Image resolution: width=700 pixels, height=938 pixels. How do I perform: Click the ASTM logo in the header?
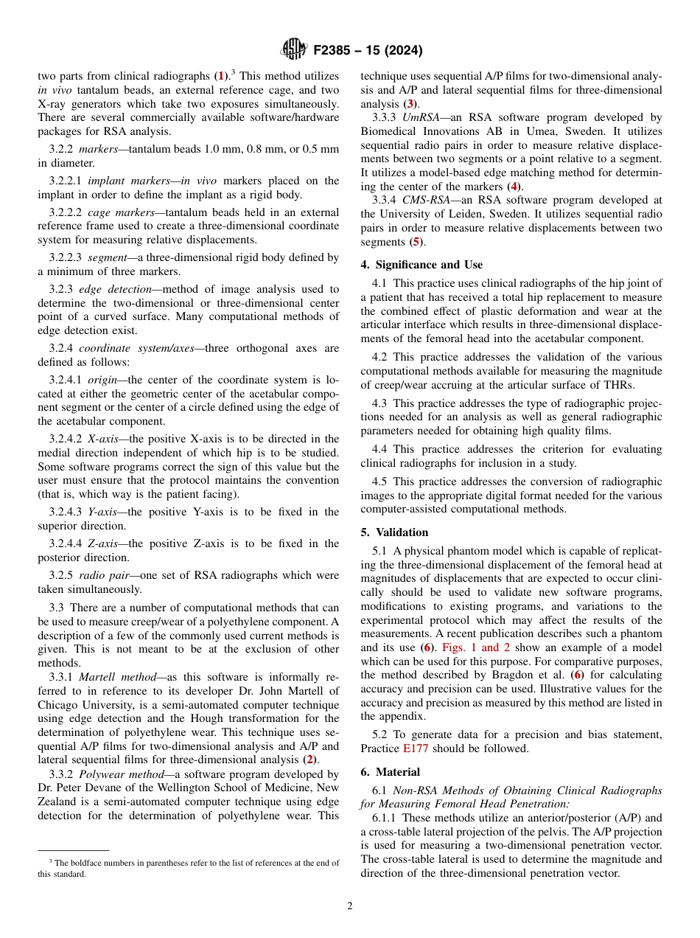tap(294, 50)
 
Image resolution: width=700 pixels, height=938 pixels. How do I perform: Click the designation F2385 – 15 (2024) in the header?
tap(368, 51)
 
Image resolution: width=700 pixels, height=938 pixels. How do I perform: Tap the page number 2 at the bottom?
tap(350, 906)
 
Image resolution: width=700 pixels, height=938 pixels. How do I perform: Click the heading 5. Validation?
tap(394, 532)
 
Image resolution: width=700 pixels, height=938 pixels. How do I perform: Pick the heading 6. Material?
tap(391, 772)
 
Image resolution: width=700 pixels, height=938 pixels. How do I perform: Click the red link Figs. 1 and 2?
tap(476, 647)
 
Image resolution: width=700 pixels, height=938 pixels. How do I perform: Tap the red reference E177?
tap(415, 748)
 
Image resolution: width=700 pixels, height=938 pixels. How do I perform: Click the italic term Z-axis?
tap(102, 543)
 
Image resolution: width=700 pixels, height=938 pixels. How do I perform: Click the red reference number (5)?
tap(416, 241)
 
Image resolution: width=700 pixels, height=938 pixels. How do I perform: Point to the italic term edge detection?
tap(111, 289)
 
